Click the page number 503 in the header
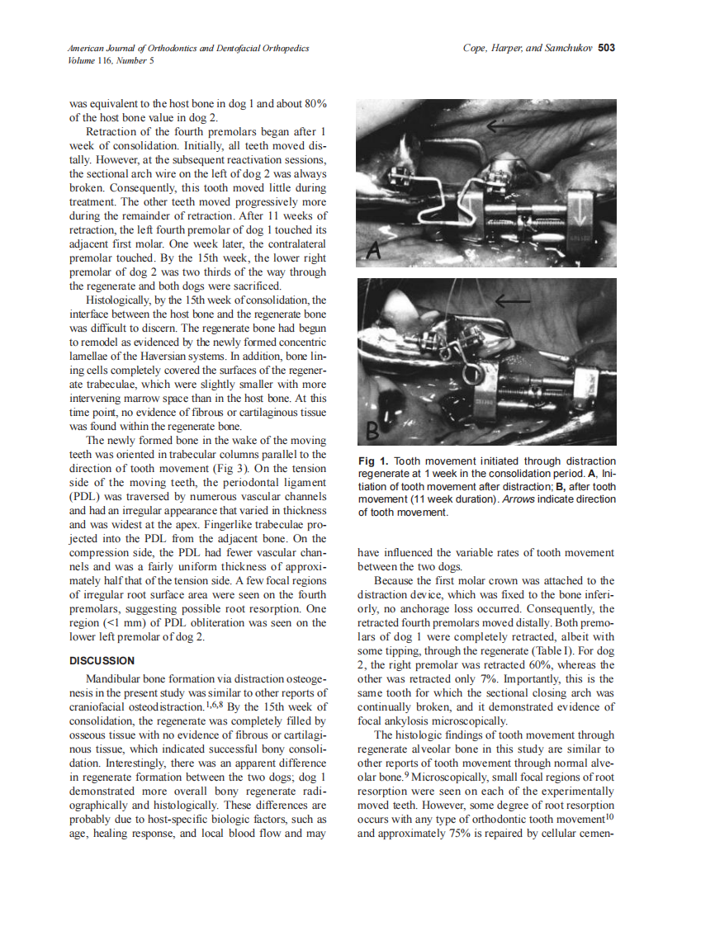[606, 48]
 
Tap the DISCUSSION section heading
[102, 660]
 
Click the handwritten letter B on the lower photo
[374, 429]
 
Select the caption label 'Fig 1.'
[373, 461]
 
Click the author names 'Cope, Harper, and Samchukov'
[528, 48]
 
